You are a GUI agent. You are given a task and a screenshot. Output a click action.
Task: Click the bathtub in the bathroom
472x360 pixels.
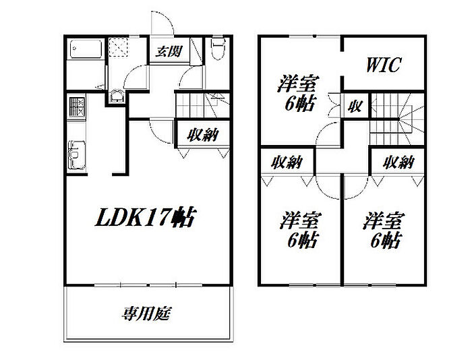(85, 50)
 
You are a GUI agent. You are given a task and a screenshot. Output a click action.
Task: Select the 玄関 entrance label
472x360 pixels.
(169, 52)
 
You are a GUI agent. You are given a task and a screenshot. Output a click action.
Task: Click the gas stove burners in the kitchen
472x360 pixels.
(76, 106)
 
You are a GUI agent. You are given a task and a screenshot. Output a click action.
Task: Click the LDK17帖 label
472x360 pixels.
(144, 217)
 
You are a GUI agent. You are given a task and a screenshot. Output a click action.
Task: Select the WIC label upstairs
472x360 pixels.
(384, 65)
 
